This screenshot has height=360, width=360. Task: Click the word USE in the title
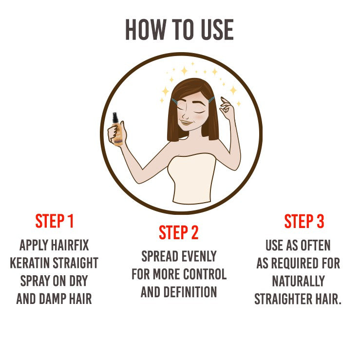pos(217,30)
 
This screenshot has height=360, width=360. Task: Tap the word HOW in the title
pos(146,30)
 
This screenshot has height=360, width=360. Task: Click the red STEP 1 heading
pos(54,221)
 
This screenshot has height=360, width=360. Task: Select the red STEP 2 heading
pos(178,232)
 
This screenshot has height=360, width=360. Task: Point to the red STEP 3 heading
pos(304,221)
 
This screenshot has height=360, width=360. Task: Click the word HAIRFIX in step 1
pos(70,245)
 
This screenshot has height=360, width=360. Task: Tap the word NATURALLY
pos(299,281)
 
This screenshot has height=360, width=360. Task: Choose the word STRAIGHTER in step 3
pos(284,299)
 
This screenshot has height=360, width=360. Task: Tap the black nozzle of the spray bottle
pos(115,118)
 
